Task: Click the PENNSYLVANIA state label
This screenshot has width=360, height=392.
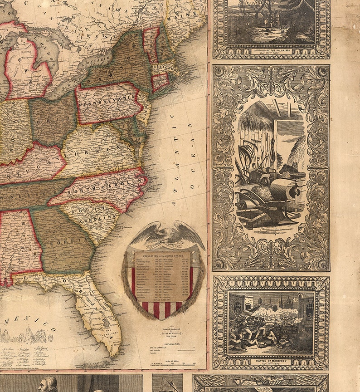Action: pyautogui.click(x=108, y=103)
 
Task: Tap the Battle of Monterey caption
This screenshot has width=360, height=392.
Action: pyautogui.click(x=271, y=362)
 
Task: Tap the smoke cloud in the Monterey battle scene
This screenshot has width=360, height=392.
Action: pyautogui.click(x=290, y=313)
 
